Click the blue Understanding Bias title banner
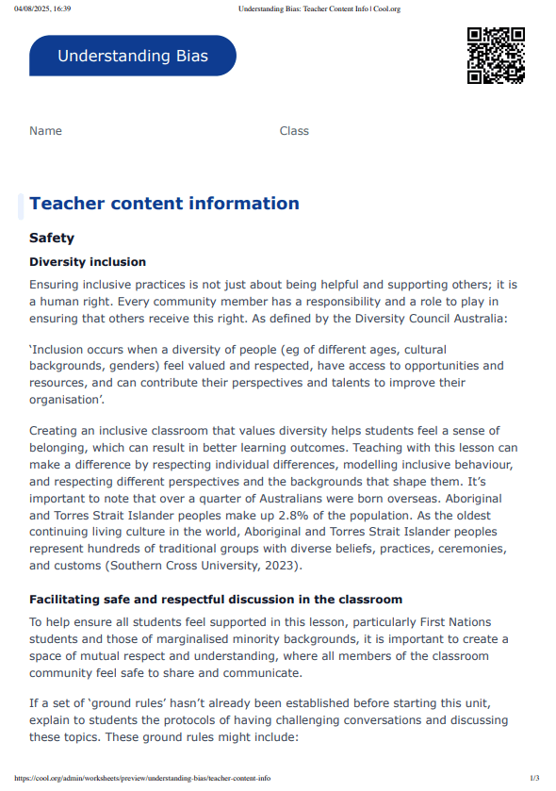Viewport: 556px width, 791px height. (x=132, y=56)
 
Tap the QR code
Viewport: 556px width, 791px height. (x=496, y=57)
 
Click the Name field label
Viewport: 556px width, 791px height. (x=45, y=131)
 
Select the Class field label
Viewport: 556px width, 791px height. (x=294, y=131)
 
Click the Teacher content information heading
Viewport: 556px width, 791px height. (x=164, y=204)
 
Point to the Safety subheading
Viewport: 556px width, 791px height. (x=52, y=239)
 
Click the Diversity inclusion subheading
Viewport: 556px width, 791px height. (x=88, y=262)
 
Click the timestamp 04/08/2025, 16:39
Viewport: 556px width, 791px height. (x=42, y=8)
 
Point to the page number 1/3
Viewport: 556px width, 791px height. (x=534, y=779)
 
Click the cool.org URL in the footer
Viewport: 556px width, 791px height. (x=142, y=779)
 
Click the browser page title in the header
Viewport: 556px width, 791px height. (x=319, y=8)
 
